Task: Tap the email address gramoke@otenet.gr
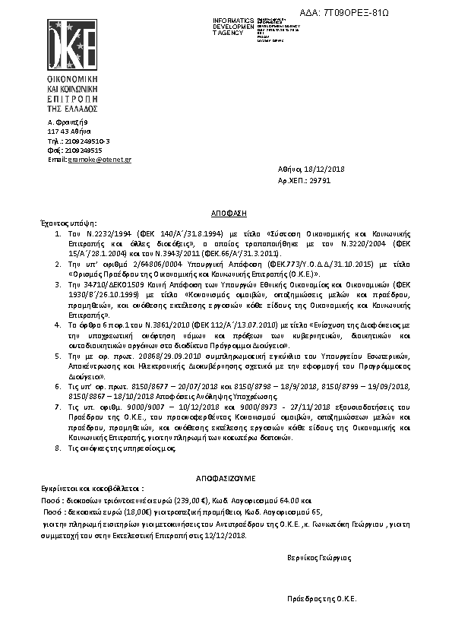click(100, 160)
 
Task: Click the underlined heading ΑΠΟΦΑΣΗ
click(225, 214)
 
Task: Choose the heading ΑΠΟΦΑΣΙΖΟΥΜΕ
click(225, 480)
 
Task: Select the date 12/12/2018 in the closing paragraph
click(229, 534)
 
